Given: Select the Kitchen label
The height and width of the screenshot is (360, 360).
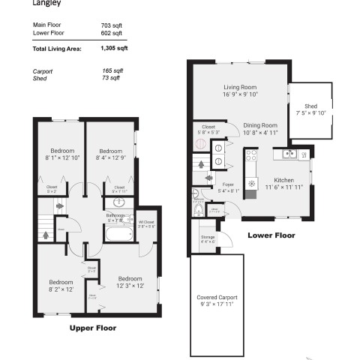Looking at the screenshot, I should coord(283,179).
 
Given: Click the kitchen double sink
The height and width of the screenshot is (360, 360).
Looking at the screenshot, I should coord(287,155).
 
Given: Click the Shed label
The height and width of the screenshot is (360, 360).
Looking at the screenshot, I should coord(310,106).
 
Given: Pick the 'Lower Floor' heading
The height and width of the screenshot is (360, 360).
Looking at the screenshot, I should coord(271,235).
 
